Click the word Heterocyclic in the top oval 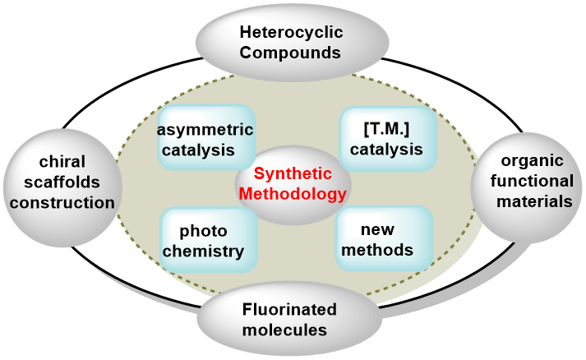pyautogui.click(x=292, y=34)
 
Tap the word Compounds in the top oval pyautogui.click(x=292, y=53)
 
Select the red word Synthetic pyautogui.click(x=293, y=174)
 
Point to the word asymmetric pyautogui.click(x=205, y=131)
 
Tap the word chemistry pyautogui.click(x=203, y=251)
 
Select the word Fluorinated pyautogui.click(x=289, y=310)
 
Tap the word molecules pyautogui.click(x=289, y=330)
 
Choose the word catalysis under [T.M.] pyautogui.click(x=386, y=150)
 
